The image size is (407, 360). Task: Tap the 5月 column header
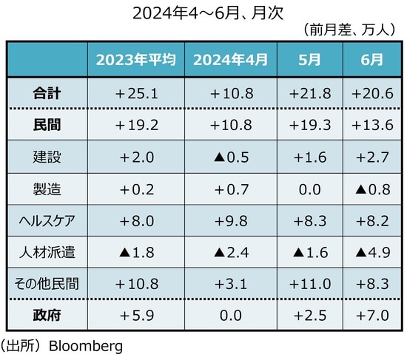[x=309, y=60]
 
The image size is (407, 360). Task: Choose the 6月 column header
[x=371, y=60]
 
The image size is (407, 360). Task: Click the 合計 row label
[x=47, y=94]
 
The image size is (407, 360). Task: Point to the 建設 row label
[x=47, y=157]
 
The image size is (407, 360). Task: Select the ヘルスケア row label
[x=47, y=220]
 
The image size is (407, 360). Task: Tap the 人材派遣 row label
[x=47, y=251]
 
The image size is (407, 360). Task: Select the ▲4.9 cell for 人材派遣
[x=371, y=251]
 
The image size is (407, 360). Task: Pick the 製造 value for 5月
[x=309, y=189]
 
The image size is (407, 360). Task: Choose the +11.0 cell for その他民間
[x=309, y=282]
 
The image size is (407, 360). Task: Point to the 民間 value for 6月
[x=371, y=126]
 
